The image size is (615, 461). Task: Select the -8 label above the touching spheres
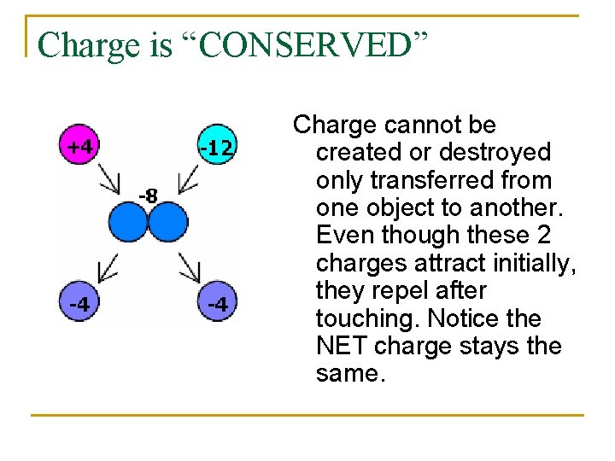pos(148,196)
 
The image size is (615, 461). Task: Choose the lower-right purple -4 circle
pos(218,303)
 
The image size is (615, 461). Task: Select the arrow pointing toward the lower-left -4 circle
pos(109,267)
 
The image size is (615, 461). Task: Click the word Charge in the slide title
pos(89,44)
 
